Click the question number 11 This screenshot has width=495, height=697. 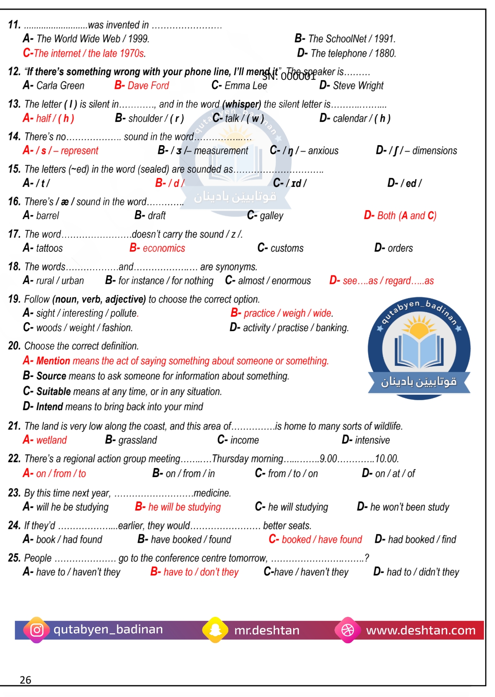(14, 25)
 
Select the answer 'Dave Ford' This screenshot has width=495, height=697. (148, 86)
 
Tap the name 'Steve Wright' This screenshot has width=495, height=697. (358, 86)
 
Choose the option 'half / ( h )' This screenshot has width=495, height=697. (55, 118)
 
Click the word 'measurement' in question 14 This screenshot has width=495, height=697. (221, 150)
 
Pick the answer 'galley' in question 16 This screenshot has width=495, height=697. (271, 215)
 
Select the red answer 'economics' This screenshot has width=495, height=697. (163, 248)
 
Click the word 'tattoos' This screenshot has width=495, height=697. (50, 248)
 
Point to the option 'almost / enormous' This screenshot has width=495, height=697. (274, 281)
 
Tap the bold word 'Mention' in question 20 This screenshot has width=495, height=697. (53, 361)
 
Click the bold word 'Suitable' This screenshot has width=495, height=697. (54, 391)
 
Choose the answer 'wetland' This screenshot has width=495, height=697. (51, 440)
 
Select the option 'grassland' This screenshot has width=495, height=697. (137, 440)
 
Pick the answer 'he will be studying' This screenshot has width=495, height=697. (184, 507)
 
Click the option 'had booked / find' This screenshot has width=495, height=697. (422, 539)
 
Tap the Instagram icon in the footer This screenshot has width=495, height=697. (37, 630)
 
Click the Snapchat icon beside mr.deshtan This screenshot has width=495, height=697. (215, 630)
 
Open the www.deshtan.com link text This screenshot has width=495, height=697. (421, 630)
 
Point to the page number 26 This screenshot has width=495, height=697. (26, 680)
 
